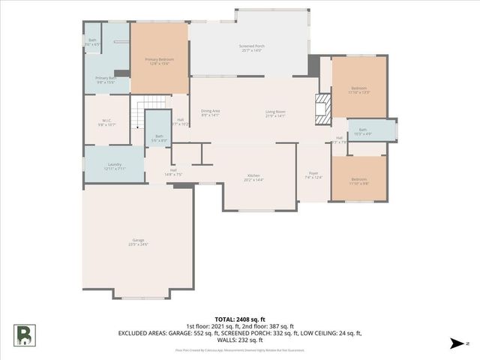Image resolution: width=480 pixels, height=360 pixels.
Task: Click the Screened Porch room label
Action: [251, 48]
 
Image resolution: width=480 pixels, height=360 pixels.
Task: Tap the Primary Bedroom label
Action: [159, 61]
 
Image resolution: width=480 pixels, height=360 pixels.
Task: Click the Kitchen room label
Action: [253, 178]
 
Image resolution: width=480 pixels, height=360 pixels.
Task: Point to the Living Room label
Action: [275, 113]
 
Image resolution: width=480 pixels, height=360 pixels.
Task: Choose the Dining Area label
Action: [210, 113]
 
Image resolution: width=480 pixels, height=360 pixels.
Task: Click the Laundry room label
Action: [115, 166]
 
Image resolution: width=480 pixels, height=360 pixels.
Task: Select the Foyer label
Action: [313, 176]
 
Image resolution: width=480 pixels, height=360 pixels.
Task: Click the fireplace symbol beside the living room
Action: [322, 109]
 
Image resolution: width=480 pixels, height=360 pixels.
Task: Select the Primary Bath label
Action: [105, 79]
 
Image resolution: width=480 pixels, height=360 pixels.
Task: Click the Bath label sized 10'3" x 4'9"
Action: [362, 132]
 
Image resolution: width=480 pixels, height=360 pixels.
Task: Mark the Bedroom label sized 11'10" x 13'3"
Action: [359, 91]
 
